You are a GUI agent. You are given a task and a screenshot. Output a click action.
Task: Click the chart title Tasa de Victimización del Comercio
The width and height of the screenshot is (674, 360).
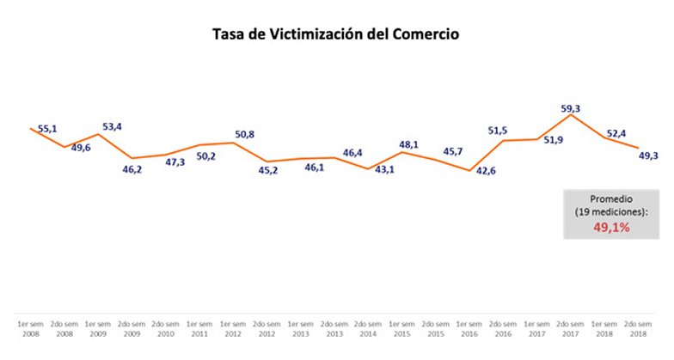coord(337,35)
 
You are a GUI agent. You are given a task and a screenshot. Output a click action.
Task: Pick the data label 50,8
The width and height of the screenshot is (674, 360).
coord(247,135)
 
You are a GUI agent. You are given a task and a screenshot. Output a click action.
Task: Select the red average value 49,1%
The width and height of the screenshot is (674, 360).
coord(612,228)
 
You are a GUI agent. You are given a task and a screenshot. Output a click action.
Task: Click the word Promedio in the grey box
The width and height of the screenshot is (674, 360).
coord(612,198)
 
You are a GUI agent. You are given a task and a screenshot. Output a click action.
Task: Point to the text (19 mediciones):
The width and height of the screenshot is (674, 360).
coord(612,211)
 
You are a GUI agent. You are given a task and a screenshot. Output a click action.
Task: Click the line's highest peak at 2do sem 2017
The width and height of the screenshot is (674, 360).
coord(571,114)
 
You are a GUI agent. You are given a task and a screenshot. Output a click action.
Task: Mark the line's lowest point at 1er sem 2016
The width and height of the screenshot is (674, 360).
coord(469,170)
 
